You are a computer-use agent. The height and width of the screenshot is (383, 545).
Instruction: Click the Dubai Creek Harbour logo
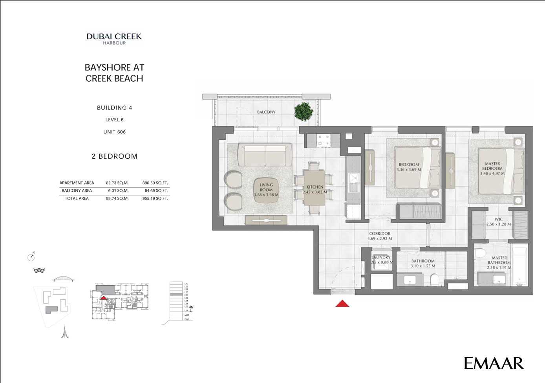pyautogui.click(x=114, y=38)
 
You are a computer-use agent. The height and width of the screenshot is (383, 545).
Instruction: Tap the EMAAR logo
pyautogui.click(x=494, y=363)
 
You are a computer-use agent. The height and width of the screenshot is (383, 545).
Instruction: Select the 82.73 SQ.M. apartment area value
pyautogui.click(x=117, y=183)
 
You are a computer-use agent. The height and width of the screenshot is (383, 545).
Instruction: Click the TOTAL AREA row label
pyautogui.click(x=77, y=199)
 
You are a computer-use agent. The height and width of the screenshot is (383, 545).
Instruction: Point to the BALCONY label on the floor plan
pyautogui.click(x=266, y=112)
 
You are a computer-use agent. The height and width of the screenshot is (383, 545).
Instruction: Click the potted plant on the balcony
pyautogui.click(x=304, y=111)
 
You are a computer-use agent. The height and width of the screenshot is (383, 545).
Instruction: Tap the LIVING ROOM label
pyautogui.click(x=266, y=187)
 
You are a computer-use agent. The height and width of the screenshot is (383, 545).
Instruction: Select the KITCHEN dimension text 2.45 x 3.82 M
pyautogui.click(x=315, y=192)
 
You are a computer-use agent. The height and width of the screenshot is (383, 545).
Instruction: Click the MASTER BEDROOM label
pyautogui.click(x=492, y=166)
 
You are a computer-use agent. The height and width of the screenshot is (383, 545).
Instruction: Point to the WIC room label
pyautogui.click(x=498, y=220)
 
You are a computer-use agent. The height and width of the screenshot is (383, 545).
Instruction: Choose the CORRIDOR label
pyautogui.click(x=380, y=234)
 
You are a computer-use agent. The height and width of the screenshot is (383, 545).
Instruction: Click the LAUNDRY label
pyautogui.click(x=381, y=258)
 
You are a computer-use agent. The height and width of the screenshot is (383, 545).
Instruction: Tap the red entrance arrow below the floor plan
pyautogui.click(x=342, y=304)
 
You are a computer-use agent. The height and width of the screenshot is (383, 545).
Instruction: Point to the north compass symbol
pyautogui.click(x=31, y=257)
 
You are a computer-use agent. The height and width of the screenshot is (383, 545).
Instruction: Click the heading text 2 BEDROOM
pyautogui.click(x=115, y=156)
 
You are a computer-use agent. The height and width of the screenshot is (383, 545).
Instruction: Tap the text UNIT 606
pyautogui.click(x=115, y=132)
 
